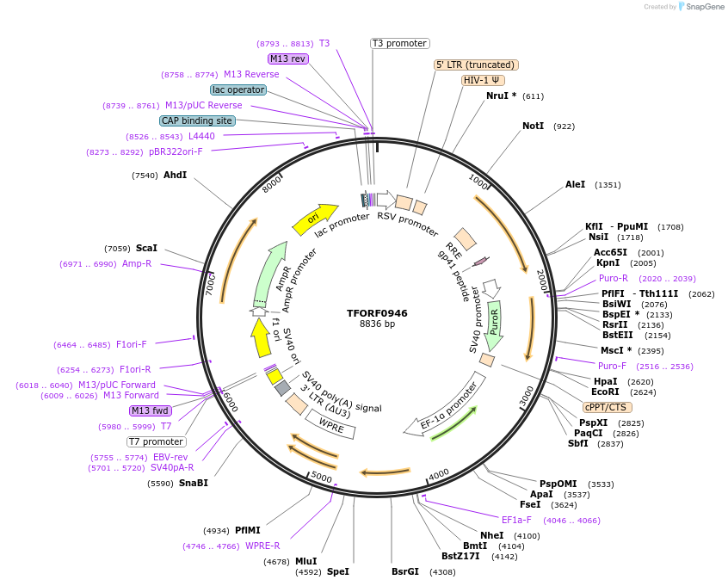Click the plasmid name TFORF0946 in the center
tap(377, 312)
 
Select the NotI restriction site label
tap(533, 126)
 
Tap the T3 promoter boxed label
tap(400, 43)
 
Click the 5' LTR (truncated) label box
tap(476, 65)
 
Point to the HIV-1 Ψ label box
tap(483, 80)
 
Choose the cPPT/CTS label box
tap(608, 407)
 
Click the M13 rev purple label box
tap(287, 59)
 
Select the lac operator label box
tap(238, 89)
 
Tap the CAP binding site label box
tap(197, 120)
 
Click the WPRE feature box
tap(332, 423)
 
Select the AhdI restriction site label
tap(175, 176)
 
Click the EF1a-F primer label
tap(516, 520)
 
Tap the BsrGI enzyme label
tap(405, 571)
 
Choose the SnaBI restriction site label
tap(193, 483)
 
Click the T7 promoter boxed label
tap(156, 441)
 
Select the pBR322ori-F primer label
tap(176, 151)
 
